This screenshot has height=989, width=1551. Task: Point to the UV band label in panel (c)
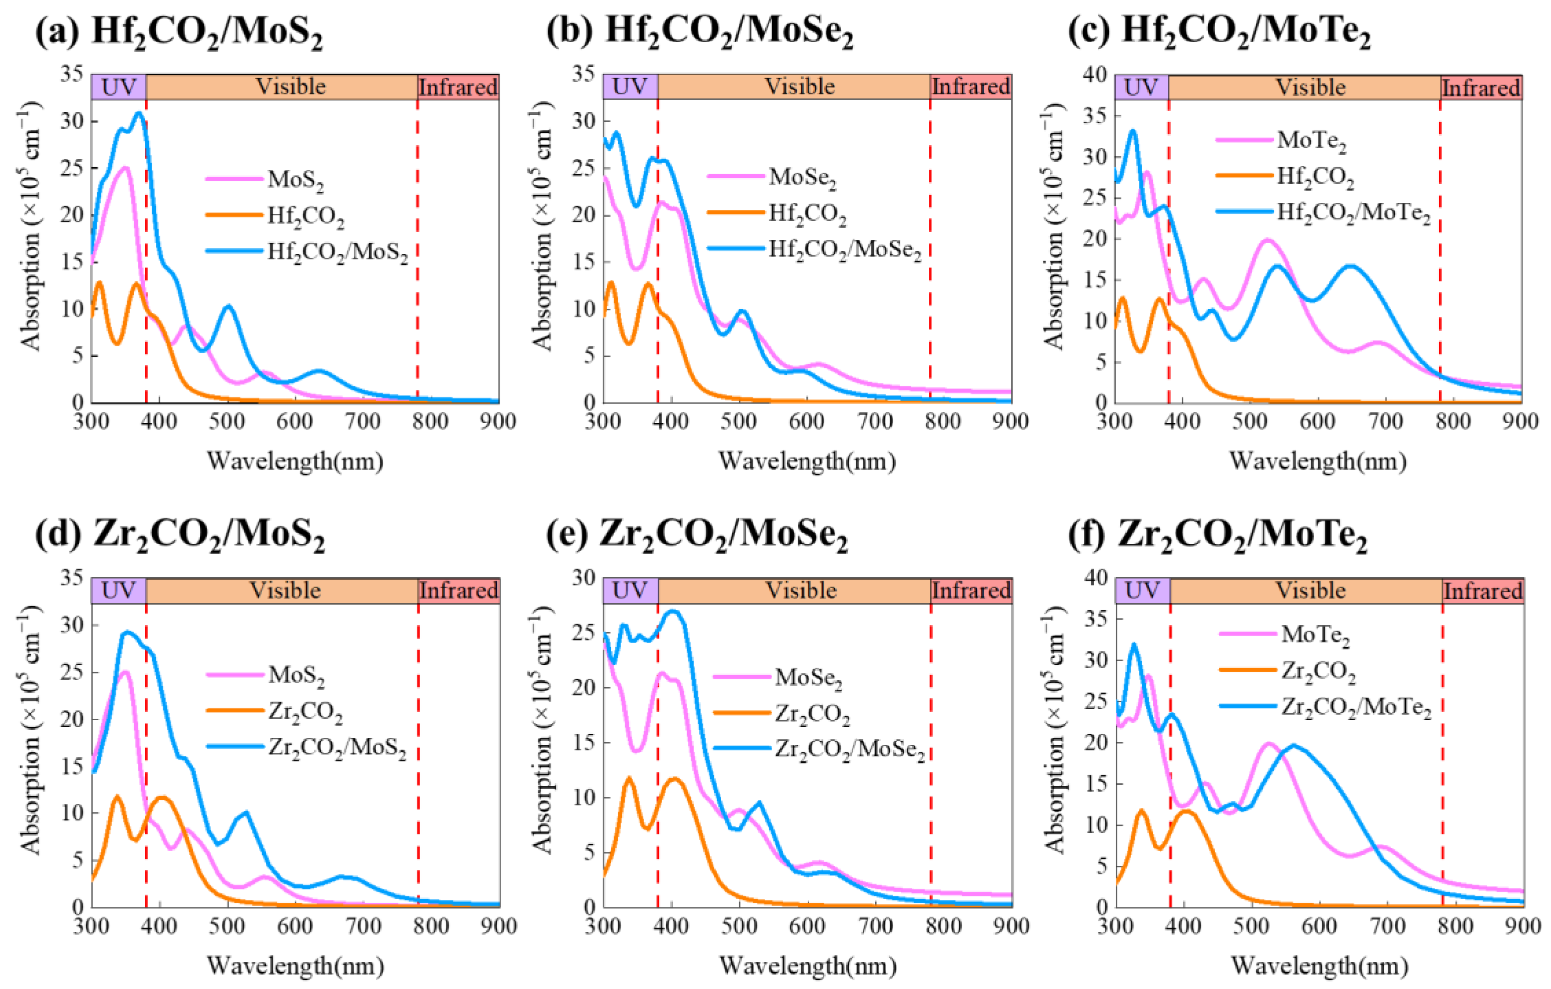[x=1141, y=87]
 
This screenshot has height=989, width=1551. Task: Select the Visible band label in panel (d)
[x=285, y=590]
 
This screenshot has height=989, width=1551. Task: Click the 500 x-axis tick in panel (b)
[x=739, y=422]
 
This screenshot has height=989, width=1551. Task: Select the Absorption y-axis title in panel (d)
[x=30, y=731]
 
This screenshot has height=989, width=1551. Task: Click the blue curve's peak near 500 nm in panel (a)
[x=228, y=306]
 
